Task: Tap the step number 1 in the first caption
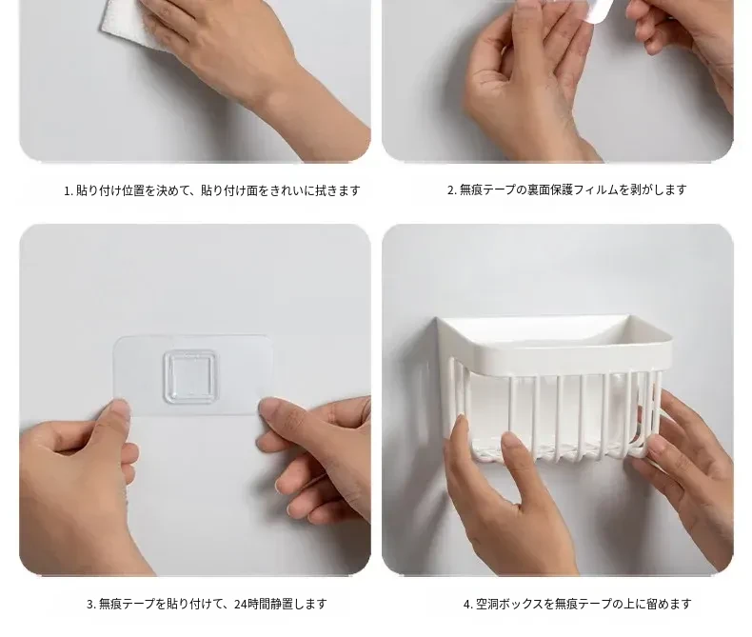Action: [x=68, y=190]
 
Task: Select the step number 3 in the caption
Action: [x=90, y=604]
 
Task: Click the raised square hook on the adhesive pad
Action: [x=190, y=377]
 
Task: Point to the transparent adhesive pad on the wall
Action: [x=194, y=375]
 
